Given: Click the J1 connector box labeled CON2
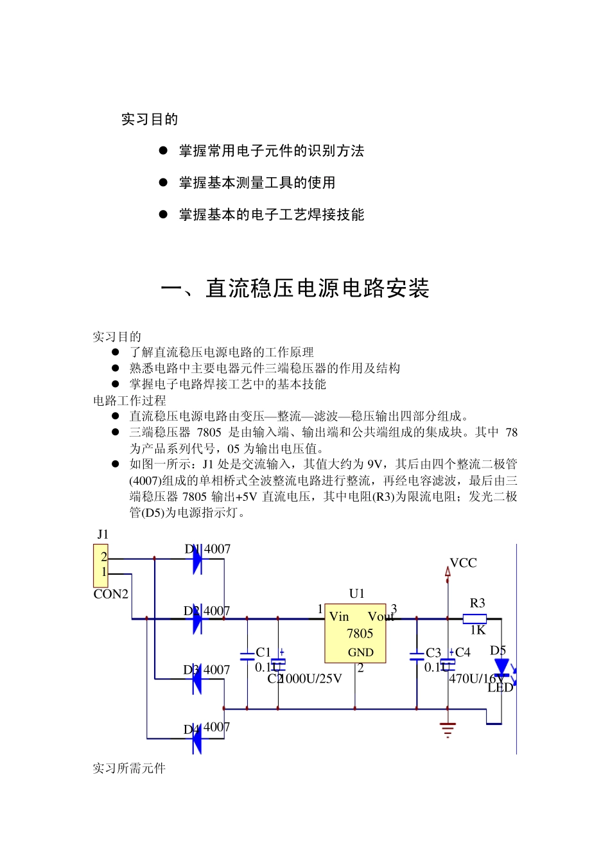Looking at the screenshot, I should click(101, 565).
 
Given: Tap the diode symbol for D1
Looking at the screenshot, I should click(197, 559).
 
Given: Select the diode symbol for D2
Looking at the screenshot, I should click(197, 619).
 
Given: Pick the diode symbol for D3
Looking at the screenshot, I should click(197, 680).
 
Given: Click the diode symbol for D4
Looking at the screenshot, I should click(197, 738).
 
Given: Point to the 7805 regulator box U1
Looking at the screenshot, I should click(355, 633).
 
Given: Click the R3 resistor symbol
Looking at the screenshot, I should click(475, 619).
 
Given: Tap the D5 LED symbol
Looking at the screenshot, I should click(501, 668).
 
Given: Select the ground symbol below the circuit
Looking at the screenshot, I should click(448, 729).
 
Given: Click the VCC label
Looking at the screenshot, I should click(463, 563).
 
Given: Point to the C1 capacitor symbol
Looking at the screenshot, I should click(247, 656).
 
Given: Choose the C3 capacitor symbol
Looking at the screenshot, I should click(417, 656).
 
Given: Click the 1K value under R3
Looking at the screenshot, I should click(478, 631).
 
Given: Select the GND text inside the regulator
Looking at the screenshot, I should click(360, 652).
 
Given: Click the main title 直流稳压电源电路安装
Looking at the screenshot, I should click(317, 288).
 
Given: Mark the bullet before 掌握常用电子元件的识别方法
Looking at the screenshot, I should click(163, 150).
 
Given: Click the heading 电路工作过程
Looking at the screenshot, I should click(130, 400).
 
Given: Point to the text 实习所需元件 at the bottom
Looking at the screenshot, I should click(129, 768).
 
